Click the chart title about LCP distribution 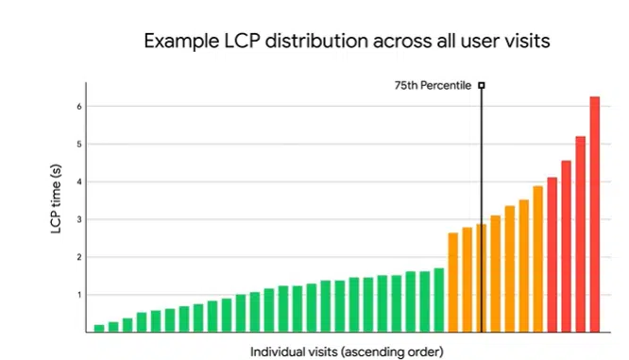tap(346, 41)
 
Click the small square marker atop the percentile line tap(482, 86)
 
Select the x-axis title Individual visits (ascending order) tap(346, 351)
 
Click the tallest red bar tap(595, 214)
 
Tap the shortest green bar tap(99, 328)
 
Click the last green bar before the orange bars tap(439, 300)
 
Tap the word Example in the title tap(173, 41)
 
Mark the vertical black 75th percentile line tap(482, 189)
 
